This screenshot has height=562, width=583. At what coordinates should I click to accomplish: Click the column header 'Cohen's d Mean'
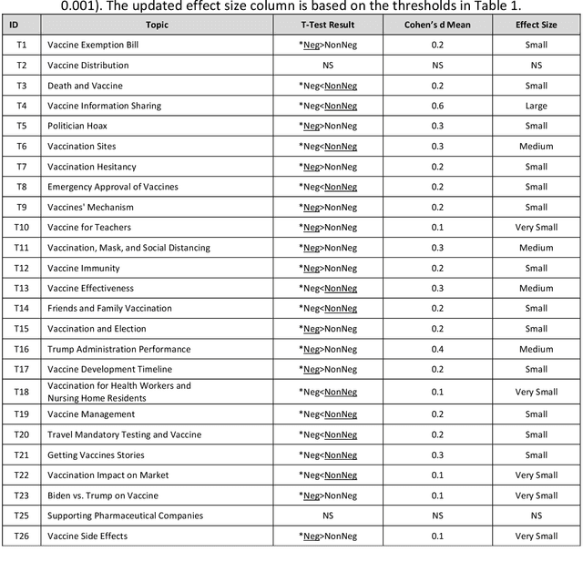437,25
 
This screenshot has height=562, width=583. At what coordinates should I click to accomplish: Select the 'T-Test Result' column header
328,25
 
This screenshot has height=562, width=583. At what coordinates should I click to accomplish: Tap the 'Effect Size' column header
537,25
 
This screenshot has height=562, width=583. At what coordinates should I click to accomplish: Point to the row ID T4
21,106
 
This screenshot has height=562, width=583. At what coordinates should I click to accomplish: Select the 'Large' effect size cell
537,106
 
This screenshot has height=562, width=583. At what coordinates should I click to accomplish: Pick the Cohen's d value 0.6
437,106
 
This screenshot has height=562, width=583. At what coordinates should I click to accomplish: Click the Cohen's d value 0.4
437,349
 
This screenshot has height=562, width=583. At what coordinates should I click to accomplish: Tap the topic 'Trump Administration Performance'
119,349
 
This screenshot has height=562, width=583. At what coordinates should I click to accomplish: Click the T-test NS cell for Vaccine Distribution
328,66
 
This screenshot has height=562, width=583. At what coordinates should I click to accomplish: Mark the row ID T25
21,516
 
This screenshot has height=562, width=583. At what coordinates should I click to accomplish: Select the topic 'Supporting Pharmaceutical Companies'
126,516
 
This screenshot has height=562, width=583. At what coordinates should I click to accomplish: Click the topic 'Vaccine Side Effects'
87,536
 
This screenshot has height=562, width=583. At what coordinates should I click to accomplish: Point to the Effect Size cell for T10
537,228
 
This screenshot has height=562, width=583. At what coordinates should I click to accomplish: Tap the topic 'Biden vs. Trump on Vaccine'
103,496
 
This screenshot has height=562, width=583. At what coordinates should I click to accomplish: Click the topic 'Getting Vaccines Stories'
96,455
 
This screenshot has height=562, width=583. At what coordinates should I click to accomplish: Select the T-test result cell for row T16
328,349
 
